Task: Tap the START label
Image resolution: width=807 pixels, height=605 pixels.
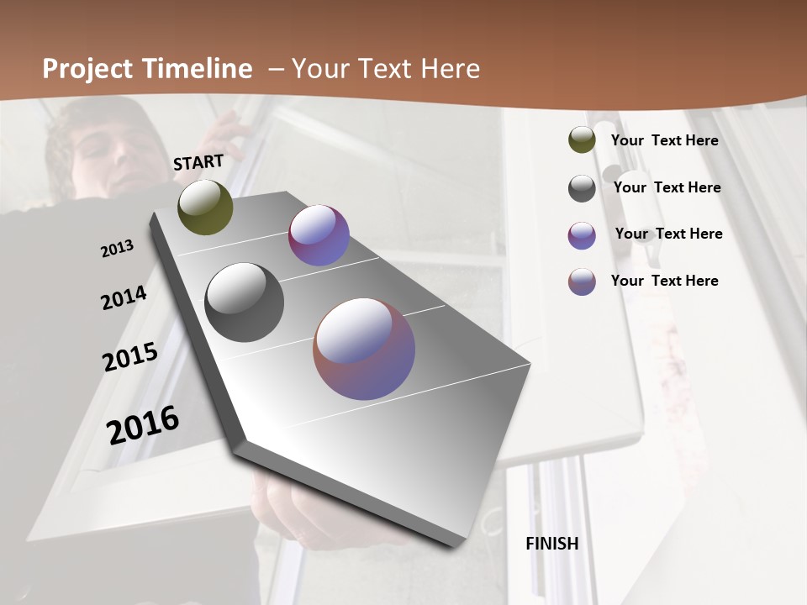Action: click(198, 162)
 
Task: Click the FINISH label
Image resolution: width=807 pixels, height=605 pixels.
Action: click(552, 544)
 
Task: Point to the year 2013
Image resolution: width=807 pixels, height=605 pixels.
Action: click(117, 249)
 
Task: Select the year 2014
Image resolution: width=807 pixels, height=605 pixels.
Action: click(124, 297)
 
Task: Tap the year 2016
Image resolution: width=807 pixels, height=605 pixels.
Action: click(143, 424)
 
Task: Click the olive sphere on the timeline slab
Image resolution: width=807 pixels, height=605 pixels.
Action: click(205, 207)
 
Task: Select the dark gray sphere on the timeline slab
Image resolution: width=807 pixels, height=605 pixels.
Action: click(244, 302)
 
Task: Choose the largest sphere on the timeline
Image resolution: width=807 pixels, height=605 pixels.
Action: click(364, 349)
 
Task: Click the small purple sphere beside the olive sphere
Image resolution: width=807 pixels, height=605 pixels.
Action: click(319, 235)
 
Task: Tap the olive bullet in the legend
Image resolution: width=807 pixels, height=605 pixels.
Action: click(582, 140)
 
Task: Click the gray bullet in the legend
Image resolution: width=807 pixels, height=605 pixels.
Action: click(582, 188)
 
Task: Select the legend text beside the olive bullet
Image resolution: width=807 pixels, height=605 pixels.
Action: click(664, 140)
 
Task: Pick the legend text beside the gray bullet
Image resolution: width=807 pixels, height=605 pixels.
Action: click(667, 187)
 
